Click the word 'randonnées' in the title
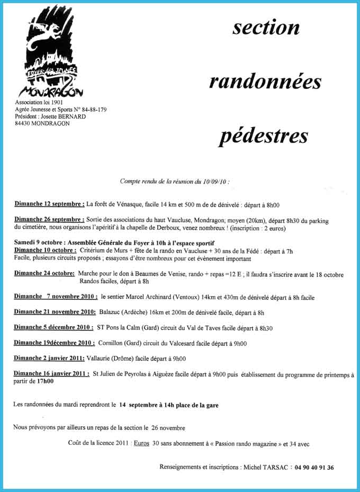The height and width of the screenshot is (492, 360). pyautogui.click(x=265, y=82)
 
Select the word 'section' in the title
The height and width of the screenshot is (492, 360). pyautogui.click(x=266, y=28)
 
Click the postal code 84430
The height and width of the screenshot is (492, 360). pyautogui.click(x=24, y=123)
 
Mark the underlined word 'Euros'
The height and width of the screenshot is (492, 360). pyautogui.click(x=141, y=444)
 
